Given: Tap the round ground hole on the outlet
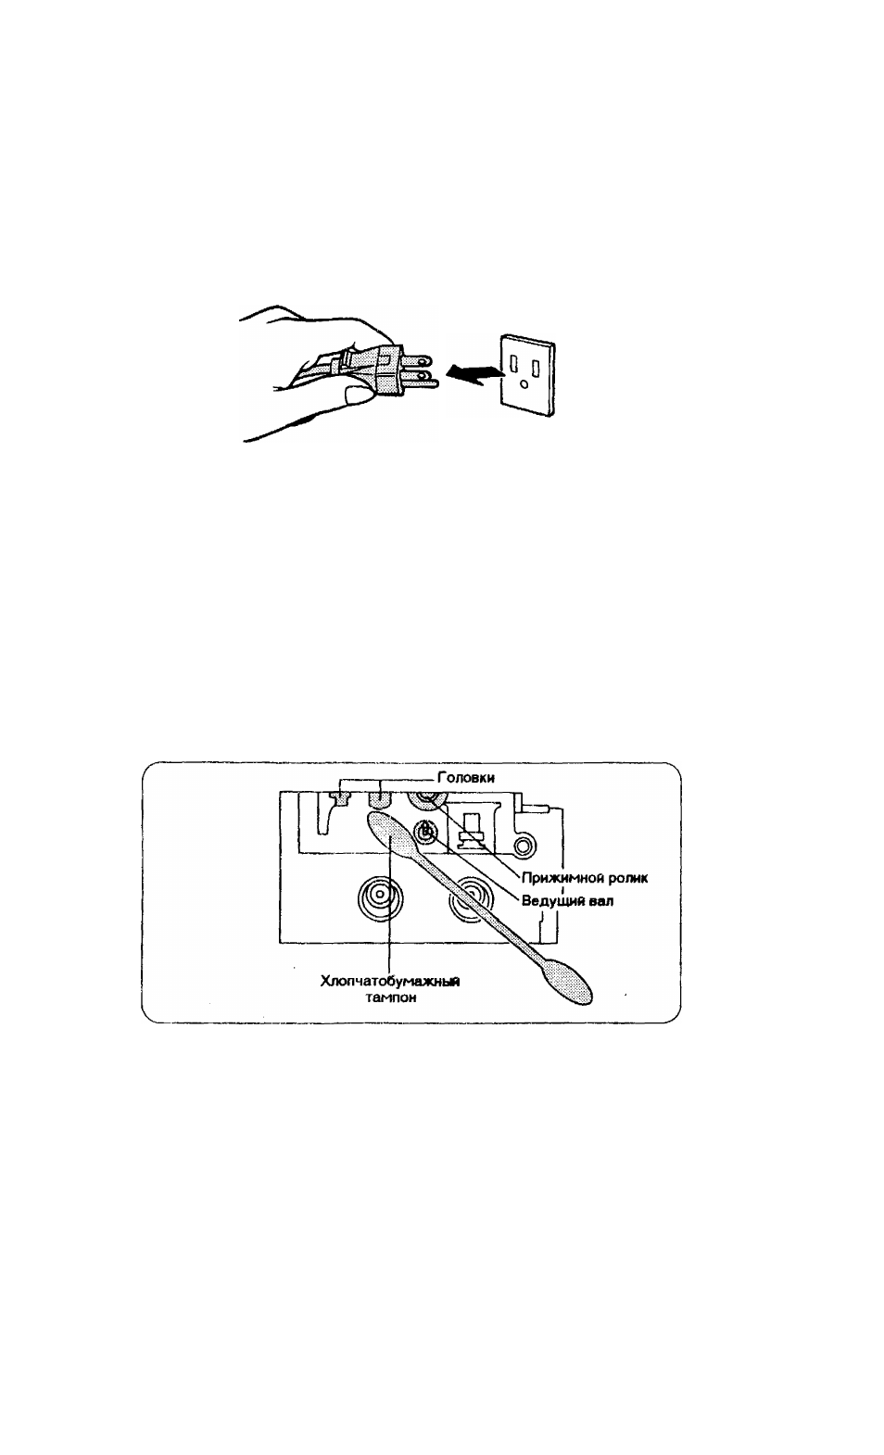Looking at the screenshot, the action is pos(524,383).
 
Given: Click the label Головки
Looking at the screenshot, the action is pos(466,778).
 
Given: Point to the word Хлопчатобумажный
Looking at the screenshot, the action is pos(390,981).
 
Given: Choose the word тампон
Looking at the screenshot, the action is pos(390,997).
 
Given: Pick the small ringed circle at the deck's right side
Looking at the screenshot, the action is pos(524,845).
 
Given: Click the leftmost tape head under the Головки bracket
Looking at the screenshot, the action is pos(338,797).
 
